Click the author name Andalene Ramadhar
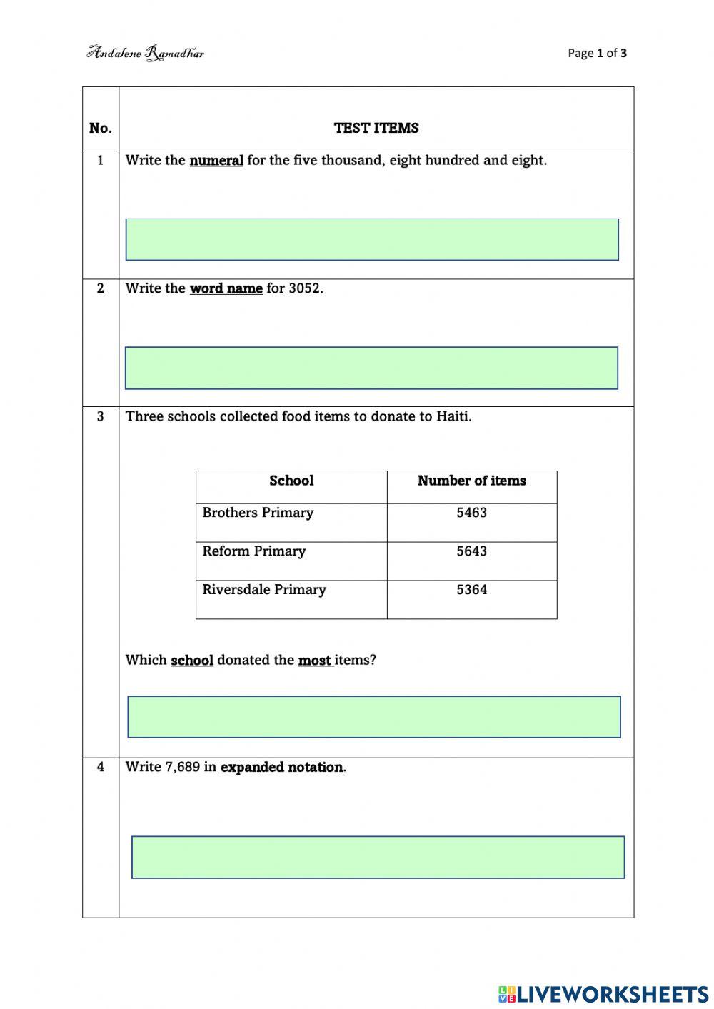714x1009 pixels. pyautogui.click(x=146, y=53)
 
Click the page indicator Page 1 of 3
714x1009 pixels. pyautogui.click(x=597, y=53)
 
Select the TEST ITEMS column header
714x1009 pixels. pyautogui.click(x=376, y=129)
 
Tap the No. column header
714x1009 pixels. pyautogui.click(x=101, y=129)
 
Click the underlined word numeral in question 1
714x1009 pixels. pyautogui.click(x=216, y=161)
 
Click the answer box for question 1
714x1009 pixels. pyautogui.click(x=372, y=239)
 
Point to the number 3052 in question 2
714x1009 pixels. pyautogui.click(x=305, y=288)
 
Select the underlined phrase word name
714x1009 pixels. pyautogui.click(x=226, y=288)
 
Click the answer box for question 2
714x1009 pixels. pyautogui.click(x=371, y=368)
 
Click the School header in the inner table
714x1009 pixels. pyautogui.click(x=291, y=481)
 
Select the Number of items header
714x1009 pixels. pyautogui.click(x=471, y=481)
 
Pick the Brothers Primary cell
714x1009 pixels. pyautogui.click(x=258, y=513)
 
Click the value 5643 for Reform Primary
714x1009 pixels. pyautogui.click(x=471, y=551)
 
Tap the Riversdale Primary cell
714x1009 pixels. pyautogui.click(x=264, y=590)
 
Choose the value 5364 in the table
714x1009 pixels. pyautogui.click(x=471, y=590)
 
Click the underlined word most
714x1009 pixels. pyautogui.click(x=314, y=661)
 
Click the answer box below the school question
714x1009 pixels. pyautogui.click(x=374, y=716)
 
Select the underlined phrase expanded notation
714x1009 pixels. pyautogui.click(x=281, y=768)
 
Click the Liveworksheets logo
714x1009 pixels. pyautogui.click(x=603, y=994)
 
